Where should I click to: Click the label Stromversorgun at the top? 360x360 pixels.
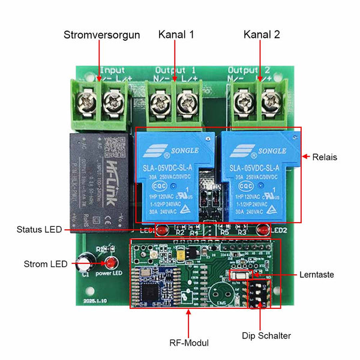coord(101,35)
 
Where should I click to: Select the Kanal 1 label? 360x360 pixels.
coord(176,35)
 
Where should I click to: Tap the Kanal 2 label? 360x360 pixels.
coord(262,35)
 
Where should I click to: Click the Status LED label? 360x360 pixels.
coord(40,229)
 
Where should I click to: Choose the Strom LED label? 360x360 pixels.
coord(46,264)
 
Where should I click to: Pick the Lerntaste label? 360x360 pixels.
coord(317,275)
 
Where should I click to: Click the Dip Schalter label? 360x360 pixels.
coord(266,335)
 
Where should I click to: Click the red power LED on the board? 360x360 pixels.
coord(110,263)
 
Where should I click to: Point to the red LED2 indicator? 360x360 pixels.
coord(262,229)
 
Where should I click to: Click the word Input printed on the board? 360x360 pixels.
coord(113,70)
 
